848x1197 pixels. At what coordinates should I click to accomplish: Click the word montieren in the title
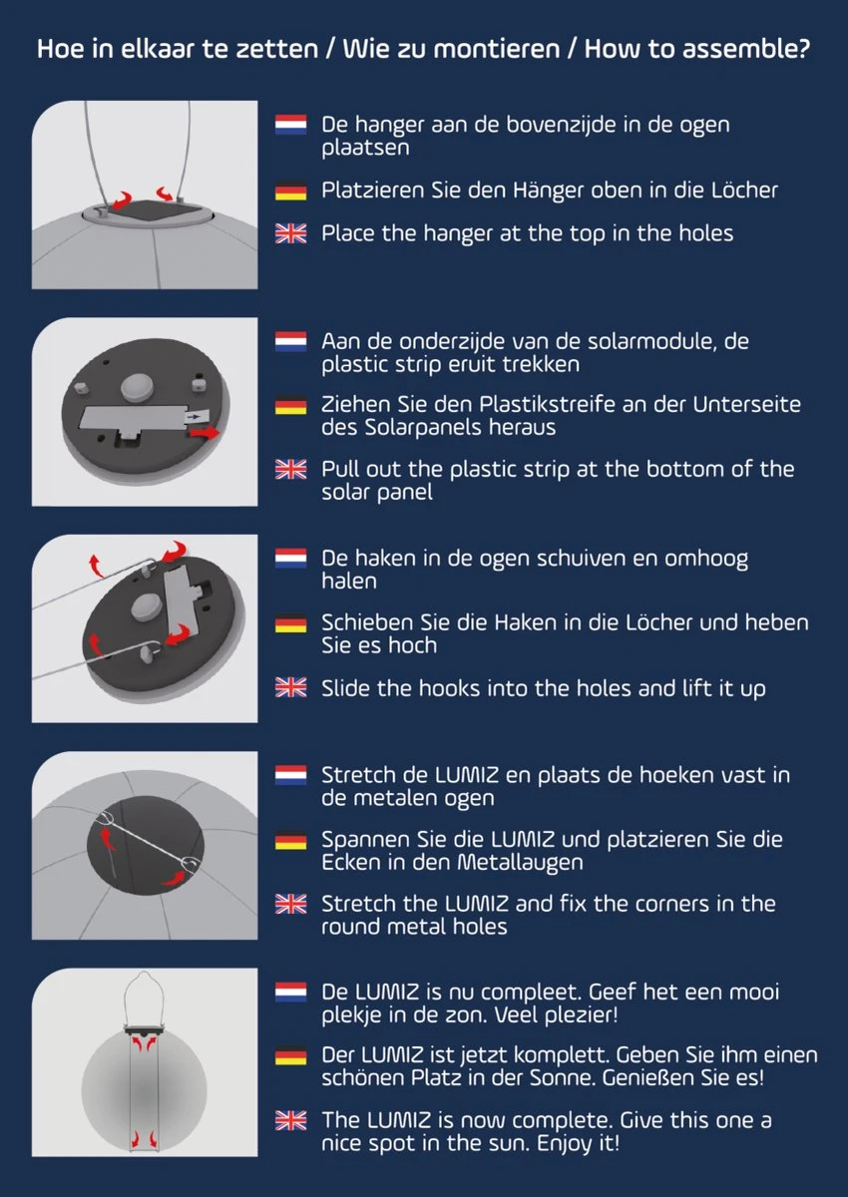[497, 49]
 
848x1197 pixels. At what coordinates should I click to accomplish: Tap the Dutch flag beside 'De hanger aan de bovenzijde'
[290, 125]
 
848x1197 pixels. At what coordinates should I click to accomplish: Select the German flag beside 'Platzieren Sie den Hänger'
[290, 191]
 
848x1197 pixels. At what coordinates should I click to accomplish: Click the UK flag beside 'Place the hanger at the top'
[290, 233]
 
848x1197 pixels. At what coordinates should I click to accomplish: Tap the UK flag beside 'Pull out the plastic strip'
[290, 469]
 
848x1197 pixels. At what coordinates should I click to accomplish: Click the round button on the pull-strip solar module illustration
[137, 386]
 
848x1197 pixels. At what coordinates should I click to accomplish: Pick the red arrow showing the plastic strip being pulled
[205, 432]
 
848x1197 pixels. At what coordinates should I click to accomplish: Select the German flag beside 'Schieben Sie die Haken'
[290, 623]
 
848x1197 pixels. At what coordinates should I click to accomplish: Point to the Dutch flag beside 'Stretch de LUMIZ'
[290, 775]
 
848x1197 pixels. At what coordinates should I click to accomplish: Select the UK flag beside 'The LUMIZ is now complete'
[290, 1120]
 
